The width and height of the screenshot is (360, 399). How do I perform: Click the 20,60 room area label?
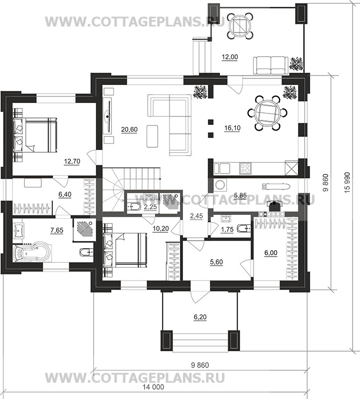(x=129, y=129)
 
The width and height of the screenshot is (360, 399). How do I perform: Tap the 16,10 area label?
(x=232, y=128)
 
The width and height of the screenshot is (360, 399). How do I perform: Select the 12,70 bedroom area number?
(x=72, y=161)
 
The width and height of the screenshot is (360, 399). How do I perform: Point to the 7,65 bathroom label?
(x=57, y=230)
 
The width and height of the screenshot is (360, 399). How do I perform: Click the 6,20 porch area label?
(x=200, y=317)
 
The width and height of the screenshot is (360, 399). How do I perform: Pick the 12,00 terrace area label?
(x=230, y=57)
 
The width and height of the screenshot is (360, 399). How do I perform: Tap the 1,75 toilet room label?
(x=227, y=229)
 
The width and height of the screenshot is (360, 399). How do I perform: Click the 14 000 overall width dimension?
(x=153, y=387)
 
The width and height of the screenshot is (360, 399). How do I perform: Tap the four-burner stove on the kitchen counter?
(x=245, y=169)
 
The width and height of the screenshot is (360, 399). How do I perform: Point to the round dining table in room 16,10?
(x=268, y=113)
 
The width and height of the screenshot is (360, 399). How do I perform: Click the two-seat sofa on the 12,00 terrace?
(x=271, y=65)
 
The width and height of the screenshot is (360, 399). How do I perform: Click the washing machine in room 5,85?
(x=220, y=185)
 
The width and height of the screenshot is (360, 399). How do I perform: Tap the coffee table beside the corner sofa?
(x=152, y=136)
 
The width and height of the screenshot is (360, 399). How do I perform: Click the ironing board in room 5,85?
(x=275, y=187)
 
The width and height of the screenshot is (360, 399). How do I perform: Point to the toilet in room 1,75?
(x=244, y=228)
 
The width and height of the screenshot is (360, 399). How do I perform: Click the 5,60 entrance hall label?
(x=217, y=262)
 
